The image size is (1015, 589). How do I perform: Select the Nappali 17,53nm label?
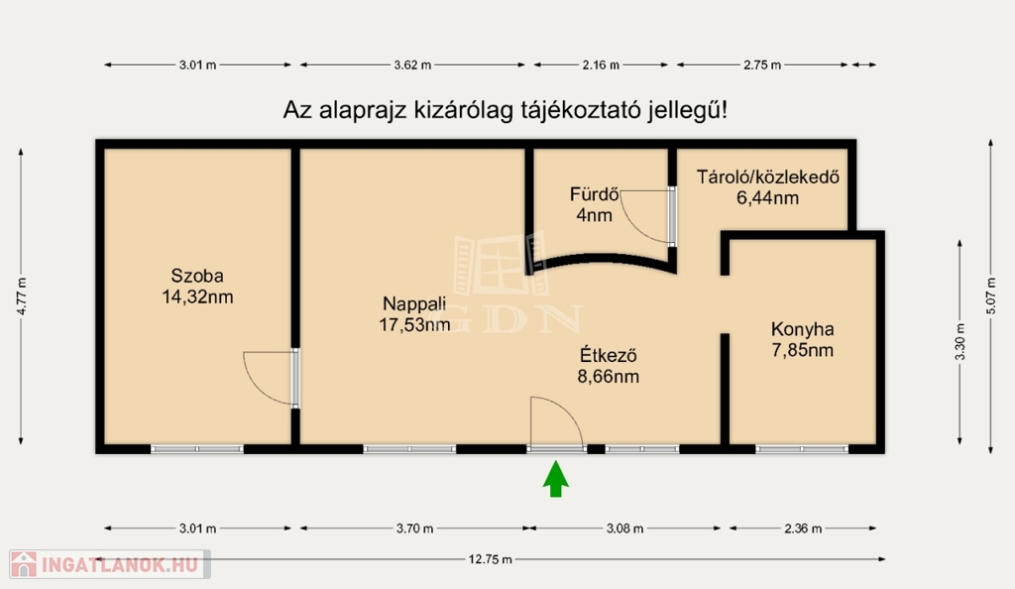414,314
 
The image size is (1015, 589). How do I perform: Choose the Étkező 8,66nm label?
608,366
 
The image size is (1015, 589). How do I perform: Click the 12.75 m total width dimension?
490,559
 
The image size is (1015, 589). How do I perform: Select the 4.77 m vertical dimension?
22,296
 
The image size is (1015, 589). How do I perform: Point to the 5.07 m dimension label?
991,296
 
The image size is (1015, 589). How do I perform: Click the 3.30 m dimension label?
959,342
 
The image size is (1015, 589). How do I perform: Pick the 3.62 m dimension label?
412,64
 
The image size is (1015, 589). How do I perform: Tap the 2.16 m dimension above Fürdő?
601,64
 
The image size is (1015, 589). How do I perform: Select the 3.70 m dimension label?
415,529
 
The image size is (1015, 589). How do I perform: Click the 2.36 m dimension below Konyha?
803,529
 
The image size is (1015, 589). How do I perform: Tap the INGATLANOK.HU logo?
110,564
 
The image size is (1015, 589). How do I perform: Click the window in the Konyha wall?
801,448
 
